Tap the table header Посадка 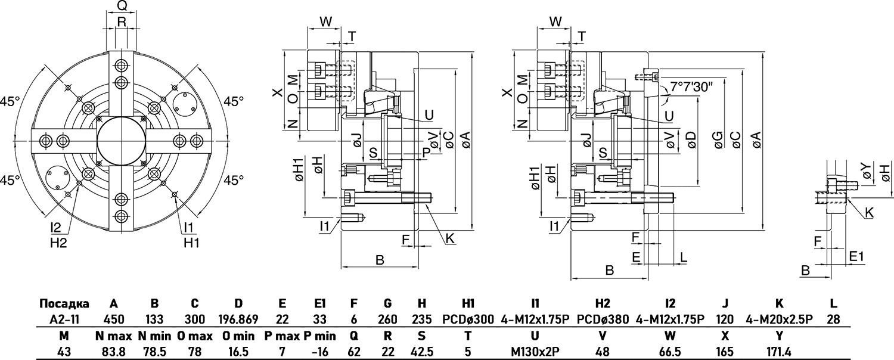pos(64,303)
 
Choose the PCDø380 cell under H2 pos(603,319)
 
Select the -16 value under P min pos(319,352)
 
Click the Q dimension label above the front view pos(122,7)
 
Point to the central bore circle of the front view pos(122,141)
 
